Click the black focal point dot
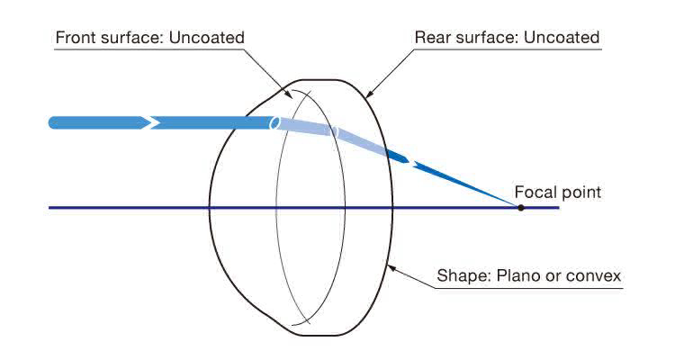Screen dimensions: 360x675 click(x=520, y=208)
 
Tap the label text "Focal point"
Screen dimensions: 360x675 click(x=557, y=192)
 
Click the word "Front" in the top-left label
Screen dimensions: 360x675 click(x=76, y=38)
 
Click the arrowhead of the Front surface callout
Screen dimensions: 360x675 click(x=289, y=94)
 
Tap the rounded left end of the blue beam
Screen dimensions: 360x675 click(x=53, y=121)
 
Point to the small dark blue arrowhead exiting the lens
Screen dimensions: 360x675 click(x=402, y=161)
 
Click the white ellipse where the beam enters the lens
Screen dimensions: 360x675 click(x=274, y=122)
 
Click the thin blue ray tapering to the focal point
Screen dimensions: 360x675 click(x=468, y=186)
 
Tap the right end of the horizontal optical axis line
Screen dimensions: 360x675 click(x=558, y=208)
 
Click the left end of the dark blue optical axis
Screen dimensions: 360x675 click(x=50, y=208)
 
